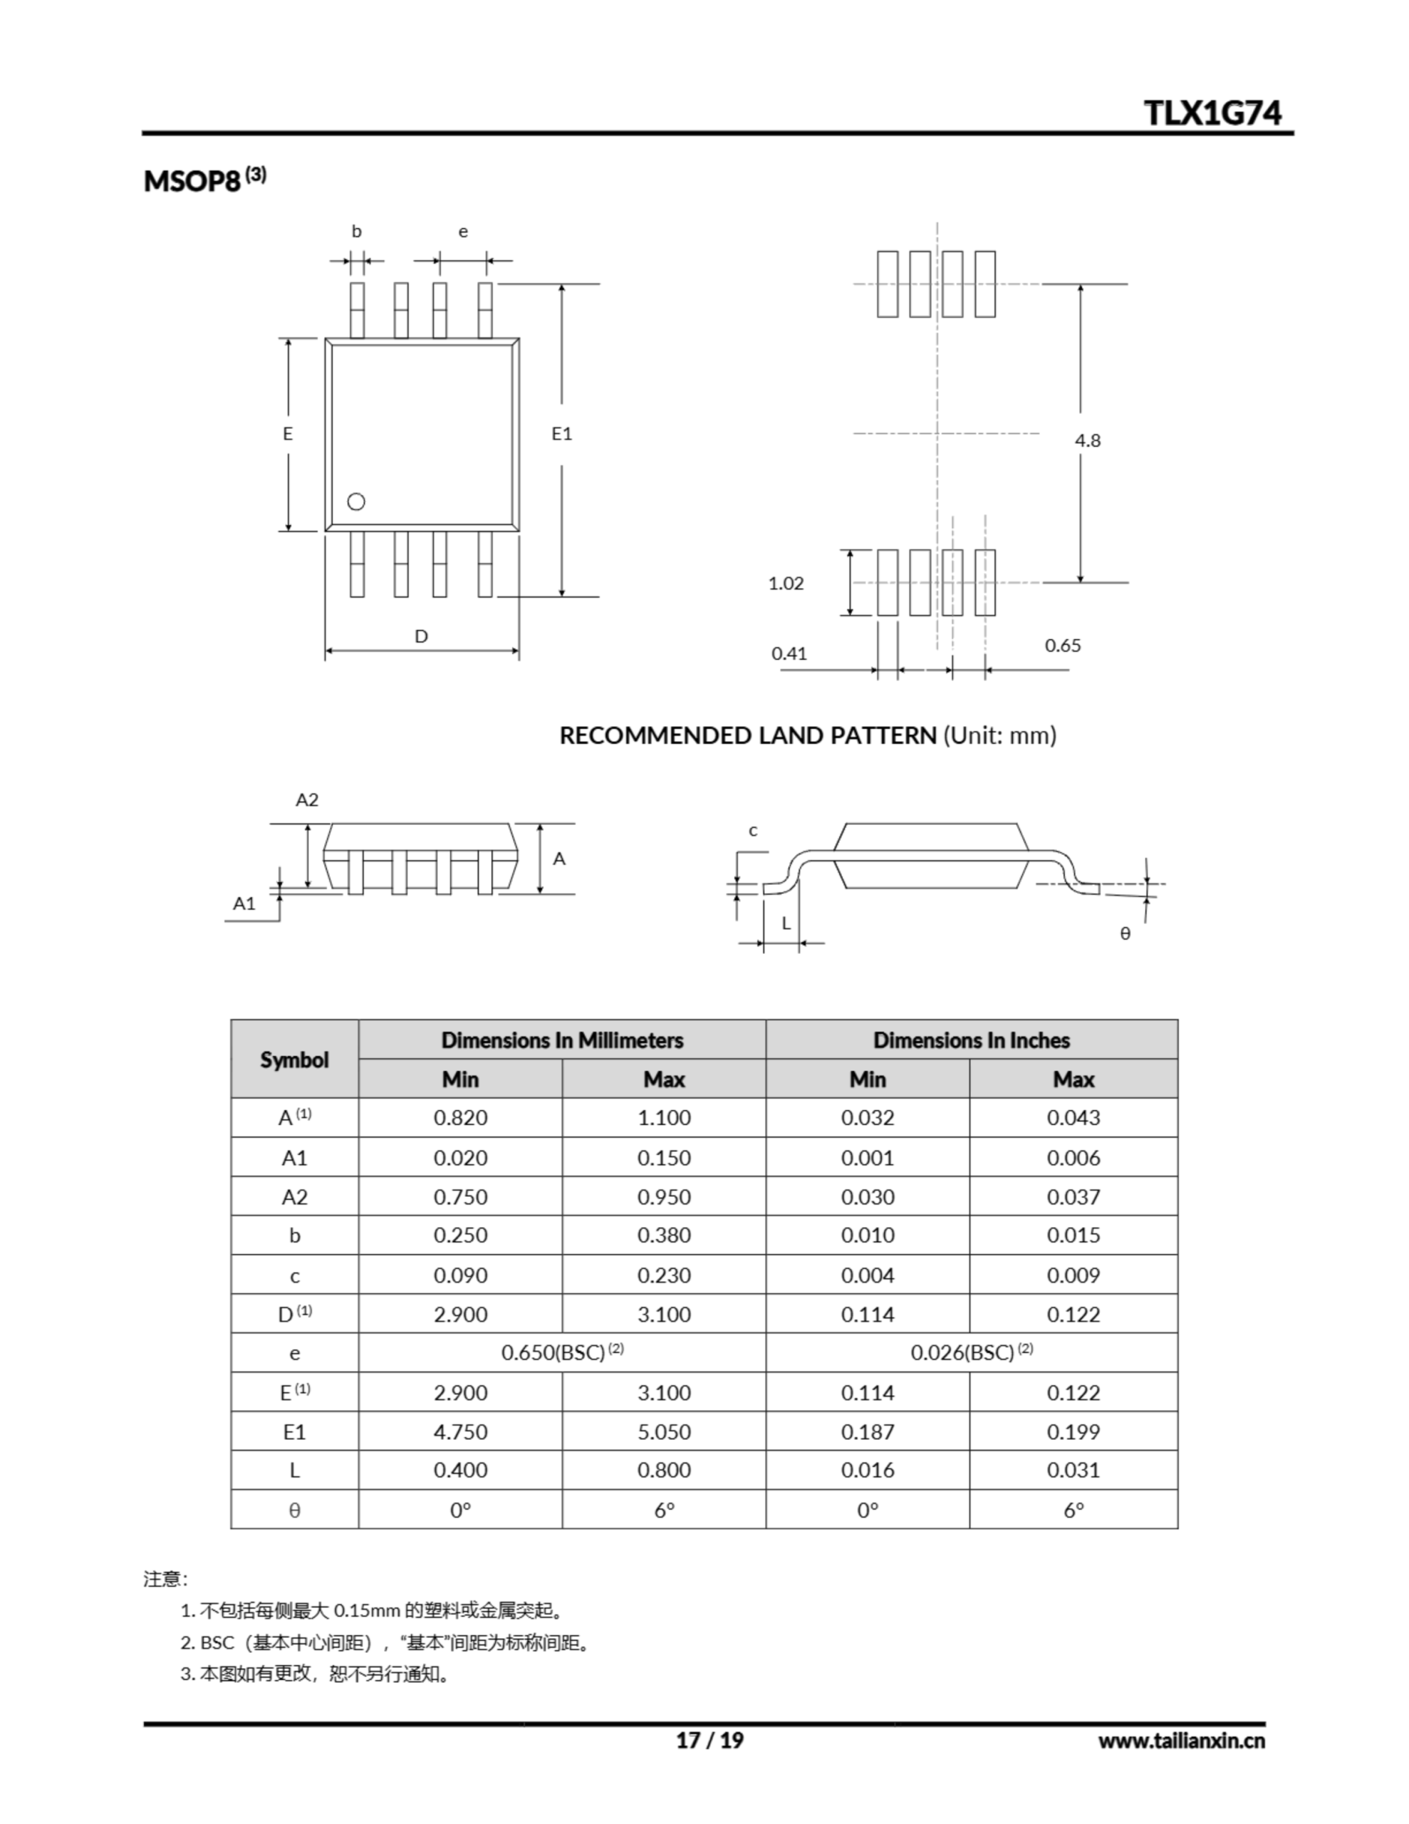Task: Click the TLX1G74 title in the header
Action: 1212,113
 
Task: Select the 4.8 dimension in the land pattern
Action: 1088,440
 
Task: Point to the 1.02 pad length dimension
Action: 786,583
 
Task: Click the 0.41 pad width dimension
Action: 789,653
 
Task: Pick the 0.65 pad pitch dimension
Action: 1062,645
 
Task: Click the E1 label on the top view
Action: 562,433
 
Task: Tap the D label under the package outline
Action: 422,636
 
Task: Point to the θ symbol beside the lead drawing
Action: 1125,933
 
